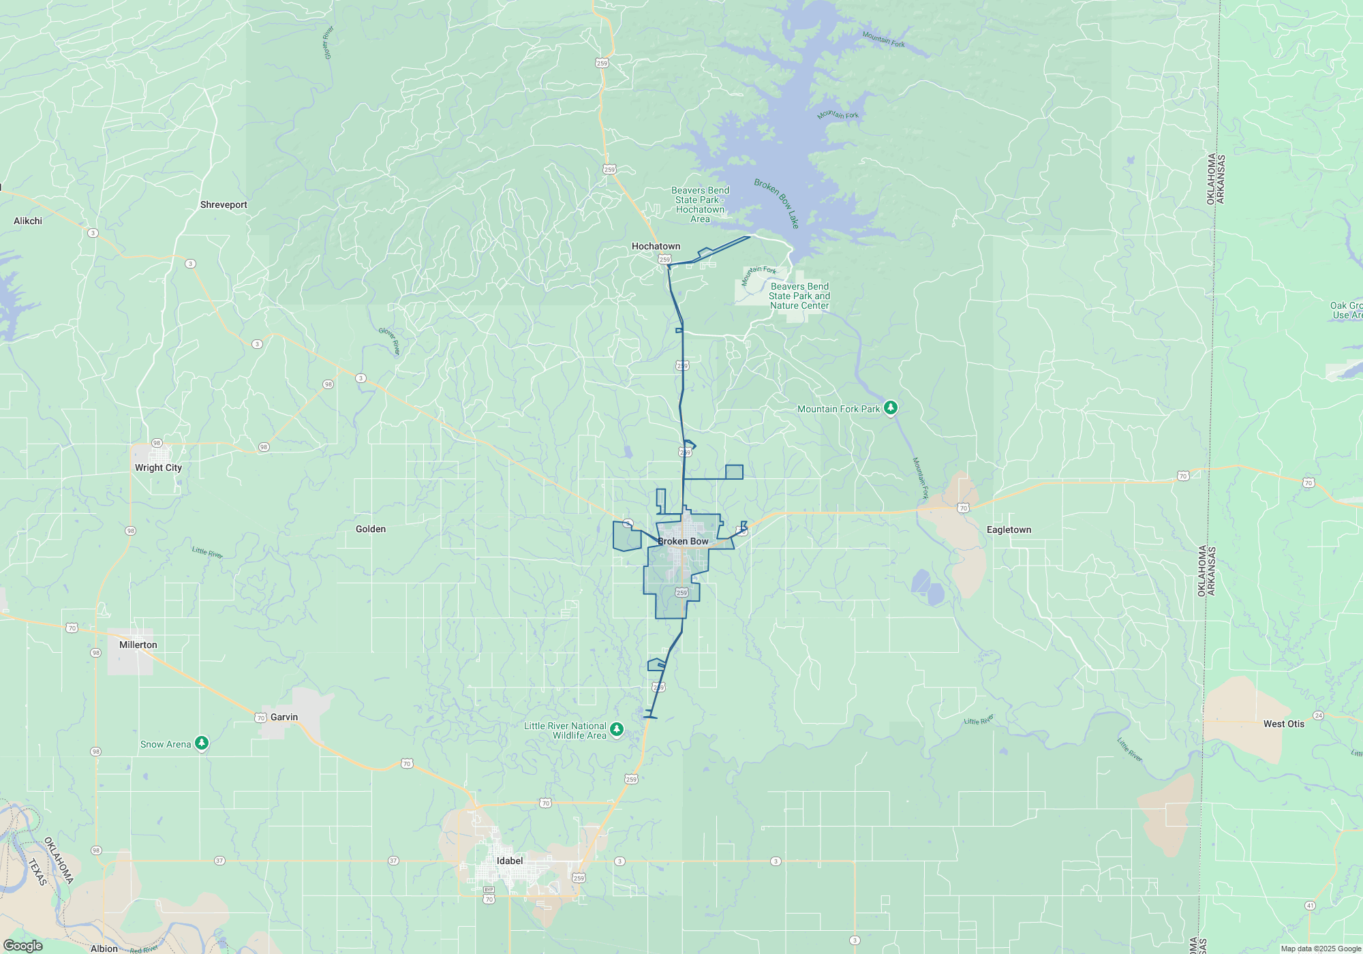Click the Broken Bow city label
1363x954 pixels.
point(683,541)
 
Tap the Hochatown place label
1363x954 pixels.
point(656,246)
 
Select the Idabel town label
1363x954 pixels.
point(510,861)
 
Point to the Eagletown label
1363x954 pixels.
point(1009,529)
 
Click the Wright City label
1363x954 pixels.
point(158,467)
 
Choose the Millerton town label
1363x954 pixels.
point(138,645)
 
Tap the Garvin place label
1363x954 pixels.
point(284,717)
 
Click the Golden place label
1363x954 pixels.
point(371,529)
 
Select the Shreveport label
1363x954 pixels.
point(224,204)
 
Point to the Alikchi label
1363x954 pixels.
point(28,221)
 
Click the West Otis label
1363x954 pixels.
point(1284,724)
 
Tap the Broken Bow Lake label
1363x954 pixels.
point(777,203)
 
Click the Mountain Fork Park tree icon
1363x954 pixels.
point(891,408)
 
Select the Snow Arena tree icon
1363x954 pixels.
point(202,743)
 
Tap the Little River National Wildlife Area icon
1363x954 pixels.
point(617,730)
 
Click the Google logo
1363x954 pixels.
point(23,946)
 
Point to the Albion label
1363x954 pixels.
point(104,949)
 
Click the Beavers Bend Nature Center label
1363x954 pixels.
point(799,296)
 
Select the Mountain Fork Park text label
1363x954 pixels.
point(839,409)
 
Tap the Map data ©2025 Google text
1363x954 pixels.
point(1321,949)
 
